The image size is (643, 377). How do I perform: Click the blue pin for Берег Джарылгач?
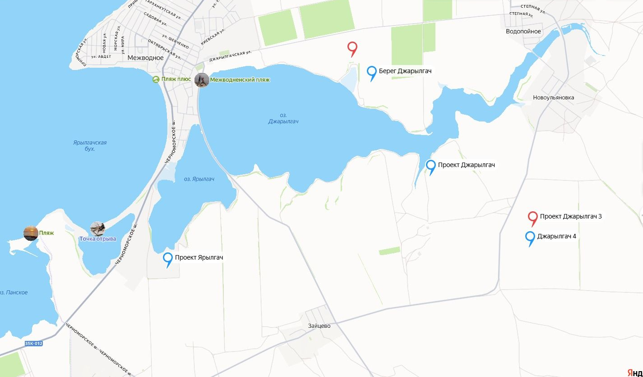coord(372,72)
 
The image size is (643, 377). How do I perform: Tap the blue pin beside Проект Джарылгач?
coord(431,166)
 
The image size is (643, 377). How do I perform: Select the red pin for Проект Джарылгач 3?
coord(533,217)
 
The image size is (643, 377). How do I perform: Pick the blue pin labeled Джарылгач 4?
coord(531,237)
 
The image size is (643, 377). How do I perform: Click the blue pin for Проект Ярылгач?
coord(168,258)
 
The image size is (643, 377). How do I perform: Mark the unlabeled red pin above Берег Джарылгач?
coord(352,47)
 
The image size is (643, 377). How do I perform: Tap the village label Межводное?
coord(145,58)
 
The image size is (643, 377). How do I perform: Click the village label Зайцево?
coord(319,326)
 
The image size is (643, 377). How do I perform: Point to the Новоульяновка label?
coord(553,98)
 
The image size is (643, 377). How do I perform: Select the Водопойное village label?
coord(523,32)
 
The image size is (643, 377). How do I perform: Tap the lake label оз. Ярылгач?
coord(199,179)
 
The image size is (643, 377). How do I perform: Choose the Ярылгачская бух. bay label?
coord(90,145)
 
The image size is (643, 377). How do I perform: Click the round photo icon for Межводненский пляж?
coord(202,80)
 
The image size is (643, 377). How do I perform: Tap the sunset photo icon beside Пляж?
coord(31,233)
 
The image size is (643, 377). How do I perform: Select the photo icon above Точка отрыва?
coord(97,228)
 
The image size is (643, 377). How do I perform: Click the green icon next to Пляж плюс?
coord(156,80)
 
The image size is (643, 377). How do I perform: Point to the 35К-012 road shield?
coord(34,344)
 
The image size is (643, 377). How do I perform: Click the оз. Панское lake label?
coord(14,293)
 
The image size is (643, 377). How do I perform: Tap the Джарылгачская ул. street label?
coord(230,56)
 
